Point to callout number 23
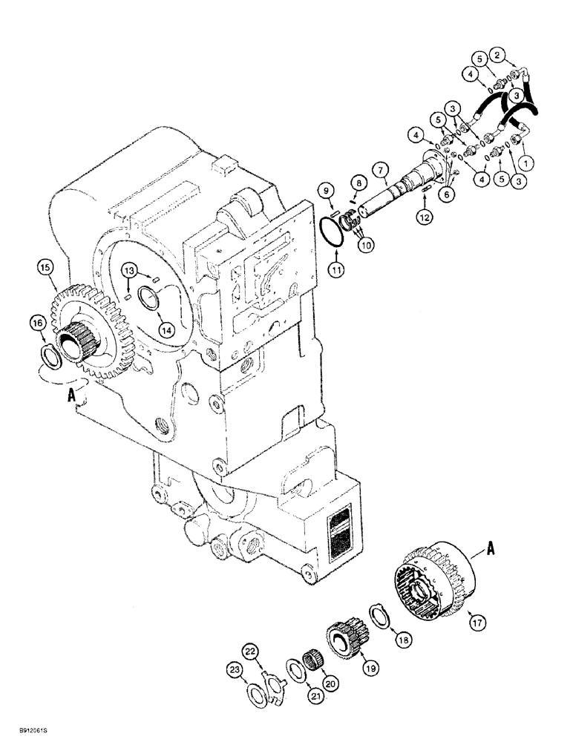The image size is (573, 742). [235, 670]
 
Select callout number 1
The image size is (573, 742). [528, 159]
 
